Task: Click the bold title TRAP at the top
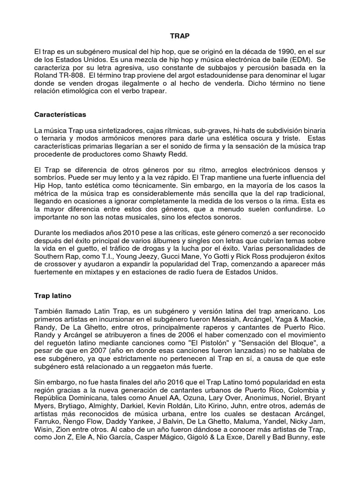point(180,36)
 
